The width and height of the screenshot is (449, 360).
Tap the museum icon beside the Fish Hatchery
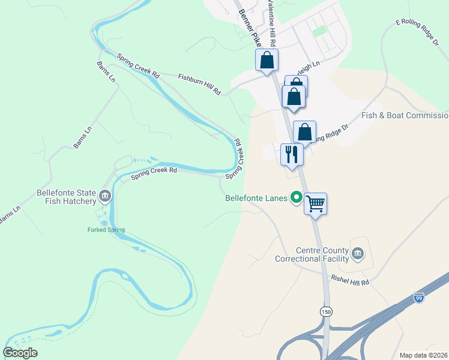tap(105, 195)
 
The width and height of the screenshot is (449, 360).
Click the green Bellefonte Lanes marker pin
tap(296, 197)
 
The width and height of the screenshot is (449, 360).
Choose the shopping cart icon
tap(315, 204)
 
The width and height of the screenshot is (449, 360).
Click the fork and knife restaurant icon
tap(292, 154)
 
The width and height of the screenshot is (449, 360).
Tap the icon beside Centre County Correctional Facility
tap(358, 254)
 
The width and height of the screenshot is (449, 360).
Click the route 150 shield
tap(325, 311)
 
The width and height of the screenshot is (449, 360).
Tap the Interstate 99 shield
tap(419, 298)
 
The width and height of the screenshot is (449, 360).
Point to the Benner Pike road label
tap(249, 28)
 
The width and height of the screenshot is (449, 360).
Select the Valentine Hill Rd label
tap(271, 24)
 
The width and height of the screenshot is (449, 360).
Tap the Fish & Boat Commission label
tap(405, 115)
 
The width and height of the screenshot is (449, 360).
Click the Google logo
tap(20, 353)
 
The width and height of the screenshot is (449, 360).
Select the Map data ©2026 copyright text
tap(423, 355)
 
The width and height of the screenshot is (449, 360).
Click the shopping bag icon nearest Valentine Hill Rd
tap(267, 60)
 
